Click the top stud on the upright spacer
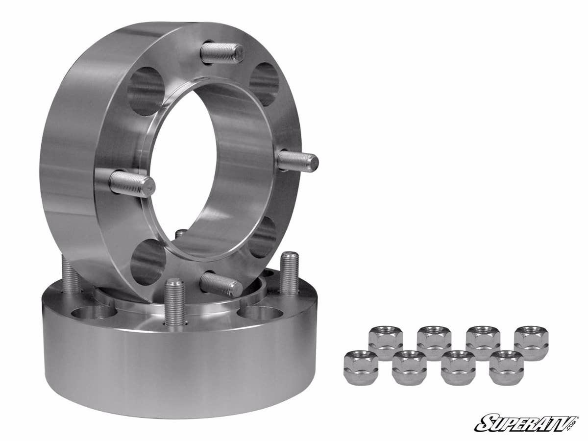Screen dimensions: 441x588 (223, 53)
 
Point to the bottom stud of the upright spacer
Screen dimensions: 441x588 (221, 285)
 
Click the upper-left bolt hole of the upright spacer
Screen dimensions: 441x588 (146, 91)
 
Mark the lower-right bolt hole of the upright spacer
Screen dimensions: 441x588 (263, 238)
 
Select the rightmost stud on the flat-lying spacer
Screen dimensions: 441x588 (289, 272)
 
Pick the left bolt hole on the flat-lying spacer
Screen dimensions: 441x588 (93, 312)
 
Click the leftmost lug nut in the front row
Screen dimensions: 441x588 (360, 367)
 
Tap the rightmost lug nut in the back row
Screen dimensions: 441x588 (531, 343)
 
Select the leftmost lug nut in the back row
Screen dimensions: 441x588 (386, 343)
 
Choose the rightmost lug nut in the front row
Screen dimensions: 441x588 (506, 367)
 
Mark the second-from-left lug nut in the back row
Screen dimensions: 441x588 (434, 343)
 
